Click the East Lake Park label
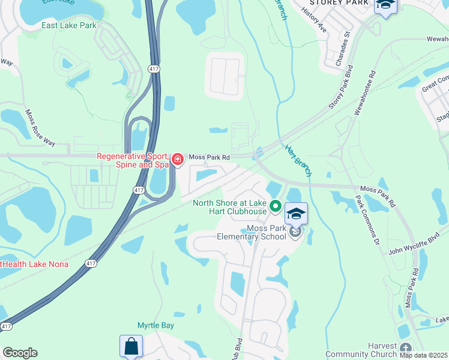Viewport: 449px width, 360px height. [69, 26]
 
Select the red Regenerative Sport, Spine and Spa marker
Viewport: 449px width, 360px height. [178, 159]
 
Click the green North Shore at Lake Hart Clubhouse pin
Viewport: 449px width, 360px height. [276, 206]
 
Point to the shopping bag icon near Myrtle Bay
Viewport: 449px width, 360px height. [131, 346]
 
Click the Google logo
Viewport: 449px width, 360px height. [20, 353]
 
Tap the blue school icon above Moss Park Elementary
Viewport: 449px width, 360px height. [296, 214]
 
